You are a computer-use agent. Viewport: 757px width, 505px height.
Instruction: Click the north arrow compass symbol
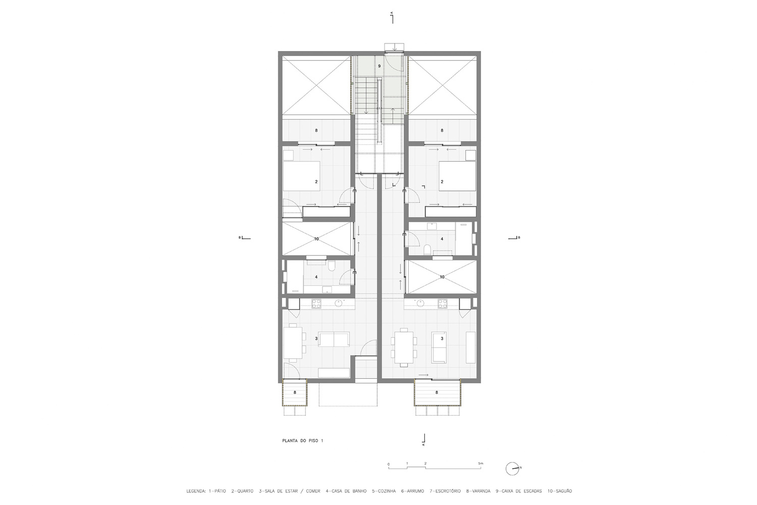512,469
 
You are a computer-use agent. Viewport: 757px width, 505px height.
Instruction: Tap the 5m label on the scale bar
481,464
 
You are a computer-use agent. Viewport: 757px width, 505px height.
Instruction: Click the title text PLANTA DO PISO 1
302,441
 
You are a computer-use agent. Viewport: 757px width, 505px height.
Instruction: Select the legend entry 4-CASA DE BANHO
346,491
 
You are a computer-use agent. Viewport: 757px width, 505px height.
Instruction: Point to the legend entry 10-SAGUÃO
560,491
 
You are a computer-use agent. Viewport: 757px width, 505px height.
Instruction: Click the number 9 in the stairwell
379,66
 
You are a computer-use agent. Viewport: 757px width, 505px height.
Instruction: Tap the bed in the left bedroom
301,176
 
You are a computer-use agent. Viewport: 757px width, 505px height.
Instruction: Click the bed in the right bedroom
457,176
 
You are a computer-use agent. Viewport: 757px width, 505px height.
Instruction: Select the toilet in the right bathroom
426,249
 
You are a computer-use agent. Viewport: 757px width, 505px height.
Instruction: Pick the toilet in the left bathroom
332,266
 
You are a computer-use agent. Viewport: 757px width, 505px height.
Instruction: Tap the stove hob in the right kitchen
443,304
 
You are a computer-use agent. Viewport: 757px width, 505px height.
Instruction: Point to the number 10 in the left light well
316,239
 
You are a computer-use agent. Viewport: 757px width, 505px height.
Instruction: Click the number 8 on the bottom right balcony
437,392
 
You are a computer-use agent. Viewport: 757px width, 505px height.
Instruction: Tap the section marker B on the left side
245,238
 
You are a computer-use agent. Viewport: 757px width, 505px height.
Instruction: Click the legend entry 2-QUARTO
242,491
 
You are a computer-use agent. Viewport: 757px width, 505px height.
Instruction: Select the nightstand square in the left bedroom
288,155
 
